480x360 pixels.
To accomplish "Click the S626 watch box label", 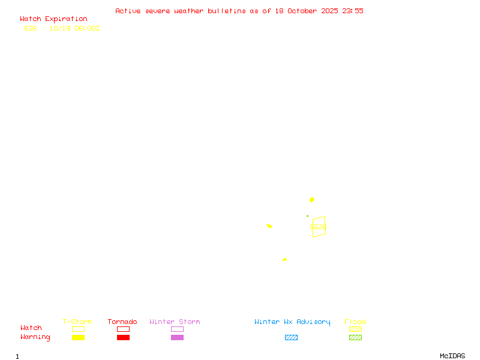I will tap(318, 227).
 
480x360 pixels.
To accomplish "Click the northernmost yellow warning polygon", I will tap(312, 200).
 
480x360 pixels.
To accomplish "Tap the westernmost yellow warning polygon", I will tap(269, 226).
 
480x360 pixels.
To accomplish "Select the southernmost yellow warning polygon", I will tap(284, 259).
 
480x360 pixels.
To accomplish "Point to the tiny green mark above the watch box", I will tap(307, 216).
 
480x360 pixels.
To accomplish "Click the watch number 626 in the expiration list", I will tap(31, 28).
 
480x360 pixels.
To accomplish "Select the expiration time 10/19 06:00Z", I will tap(74, 28).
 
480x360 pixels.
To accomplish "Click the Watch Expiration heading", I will tap(53, 19).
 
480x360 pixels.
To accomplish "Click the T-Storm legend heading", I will tap(77, 322).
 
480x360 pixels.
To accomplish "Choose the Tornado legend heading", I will tap(122, 322).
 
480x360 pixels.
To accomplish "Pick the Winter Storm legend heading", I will tap(175, 322).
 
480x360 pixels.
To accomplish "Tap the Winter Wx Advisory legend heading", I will tap(292, 322).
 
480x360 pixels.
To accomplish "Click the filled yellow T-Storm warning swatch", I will tap(78, 338).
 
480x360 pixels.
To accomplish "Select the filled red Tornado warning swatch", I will tap(123, 338).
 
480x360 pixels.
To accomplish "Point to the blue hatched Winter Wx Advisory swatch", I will tap(291, 338).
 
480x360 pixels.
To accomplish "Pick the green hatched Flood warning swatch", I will tap(355, 338).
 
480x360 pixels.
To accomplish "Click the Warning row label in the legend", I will tap(35, 337).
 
